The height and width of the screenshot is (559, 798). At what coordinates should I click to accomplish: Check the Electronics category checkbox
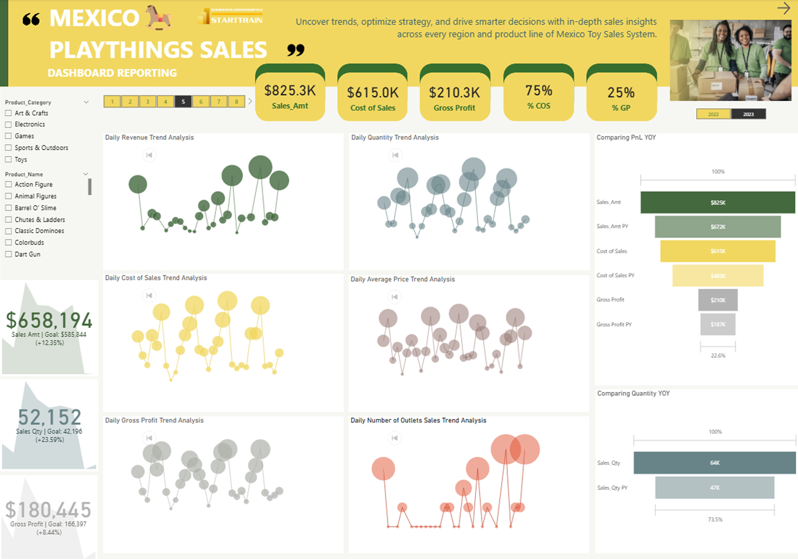[x=8, y=124]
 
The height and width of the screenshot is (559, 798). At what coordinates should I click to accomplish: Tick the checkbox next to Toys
[x=8, y=159]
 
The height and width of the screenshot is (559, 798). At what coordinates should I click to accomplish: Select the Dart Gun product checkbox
[x=8, y=254]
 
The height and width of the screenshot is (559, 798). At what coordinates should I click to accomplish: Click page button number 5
[x=183, y=102]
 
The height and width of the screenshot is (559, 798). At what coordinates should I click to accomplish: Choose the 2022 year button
[x=714, y=114]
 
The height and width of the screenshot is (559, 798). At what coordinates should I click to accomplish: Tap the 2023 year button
[x=748, y=114]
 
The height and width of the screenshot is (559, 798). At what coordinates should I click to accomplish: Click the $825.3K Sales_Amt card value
[x=290, y=91]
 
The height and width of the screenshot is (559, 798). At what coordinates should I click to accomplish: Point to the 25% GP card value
[x=621, y=93]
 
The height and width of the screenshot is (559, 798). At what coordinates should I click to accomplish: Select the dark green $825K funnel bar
[x=717, y=202]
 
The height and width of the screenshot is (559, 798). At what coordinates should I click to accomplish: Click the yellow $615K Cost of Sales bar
[x=717, y=251]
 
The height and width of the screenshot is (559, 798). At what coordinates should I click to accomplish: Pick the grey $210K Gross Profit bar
[x=717, y=300]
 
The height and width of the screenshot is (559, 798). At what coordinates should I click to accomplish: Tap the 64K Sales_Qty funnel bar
[x=715, y=463]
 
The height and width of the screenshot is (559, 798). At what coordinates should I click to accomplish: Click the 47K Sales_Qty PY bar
[x=715, y=488]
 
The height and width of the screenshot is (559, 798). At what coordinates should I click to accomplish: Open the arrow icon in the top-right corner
[x=784, y=8]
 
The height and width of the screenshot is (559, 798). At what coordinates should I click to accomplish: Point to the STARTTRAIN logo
[x=230, y=17]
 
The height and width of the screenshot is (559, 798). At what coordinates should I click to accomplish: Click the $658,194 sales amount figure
[x=49, y=321]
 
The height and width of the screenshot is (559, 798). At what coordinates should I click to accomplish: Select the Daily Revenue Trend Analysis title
[x=149, y=138]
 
